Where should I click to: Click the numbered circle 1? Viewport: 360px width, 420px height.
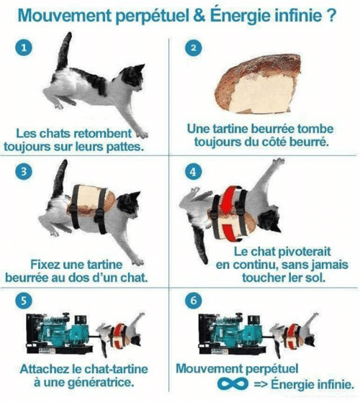24,47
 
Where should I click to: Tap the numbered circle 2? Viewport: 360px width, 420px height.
193,47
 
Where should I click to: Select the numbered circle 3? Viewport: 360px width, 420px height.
24,171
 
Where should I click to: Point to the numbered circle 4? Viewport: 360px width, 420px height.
193,172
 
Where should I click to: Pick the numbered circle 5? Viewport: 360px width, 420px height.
24,301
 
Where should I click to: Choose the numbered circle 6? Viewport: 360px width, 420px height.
193,301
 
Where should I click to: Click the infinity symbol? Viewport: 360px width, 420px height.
233,383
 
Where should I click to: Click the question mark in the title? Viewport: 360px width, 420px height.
331,16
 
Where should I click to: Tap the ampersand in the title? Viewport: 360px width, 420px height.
199,16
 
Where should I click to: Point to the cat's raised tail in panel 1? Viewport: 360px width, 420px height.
64,51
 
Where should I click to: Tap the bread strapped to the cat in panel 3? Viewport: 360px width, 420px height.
91,201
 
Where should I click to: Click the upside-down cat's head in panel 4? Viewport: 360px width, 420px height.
269,219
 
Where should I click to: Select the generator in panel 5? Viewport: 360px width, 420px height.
59,333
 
